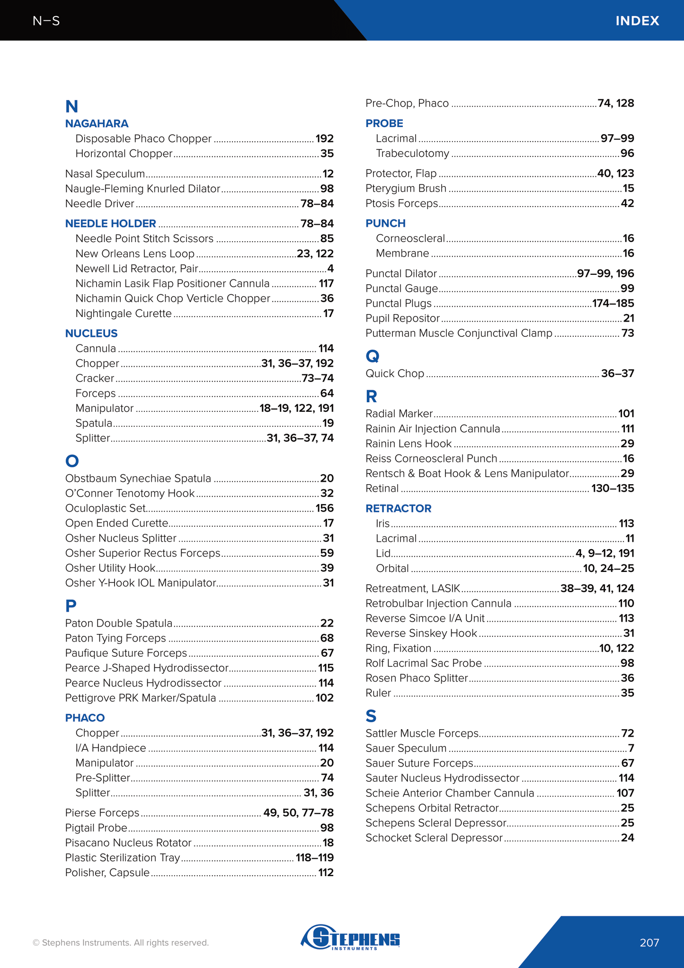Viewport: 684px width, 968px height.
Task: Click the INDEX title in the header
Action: (637, 21)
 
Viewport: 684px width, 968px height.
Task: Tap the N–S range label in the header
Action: (46, 21)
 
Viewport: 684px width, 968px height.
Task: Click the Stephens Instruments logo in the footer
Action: (351, 937)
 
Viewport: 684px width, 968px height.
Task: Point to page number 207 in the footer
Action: (649, 942)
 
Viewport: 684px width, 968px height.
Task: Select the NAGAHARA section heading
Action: (97, 124)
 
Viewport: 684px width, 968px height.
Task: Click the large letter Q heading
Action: (372, 356)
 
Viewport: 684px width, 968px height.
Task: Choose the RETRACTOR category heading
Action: (398, 508)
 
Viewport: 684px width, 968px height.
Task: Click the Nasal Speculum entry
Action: (105, 174)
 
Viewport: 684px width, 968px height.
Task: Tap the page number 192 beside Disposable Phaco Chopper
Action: (324, 139)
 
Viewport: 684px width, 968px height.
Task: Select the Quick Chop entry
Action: (395, 373)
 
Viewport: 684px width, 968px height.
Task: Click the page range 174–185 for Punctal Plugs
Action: (613, 303)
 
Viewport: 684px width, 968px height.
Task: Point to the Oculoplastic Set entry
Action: (105, 508)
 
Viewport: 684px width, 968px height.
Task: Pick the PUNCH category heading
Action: (385, 223)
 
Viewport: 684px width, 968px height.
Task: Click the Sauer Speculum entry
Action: (406, 748)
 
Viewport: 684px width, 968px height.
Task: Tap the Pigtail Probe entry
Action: (96, 828)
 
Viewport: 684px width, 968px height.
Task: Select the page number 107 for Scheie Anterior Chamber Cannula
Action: (625, 793)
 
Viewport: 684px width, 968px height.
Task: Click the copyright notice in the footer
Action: (120, 942)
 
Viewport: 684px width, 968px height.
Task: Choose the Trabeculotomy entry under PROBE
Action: (412, 154)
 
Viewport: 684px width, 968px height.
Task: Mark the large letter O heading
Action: (72, 461)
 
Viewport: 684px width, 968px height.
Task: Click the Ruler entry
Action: (378, 693)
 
